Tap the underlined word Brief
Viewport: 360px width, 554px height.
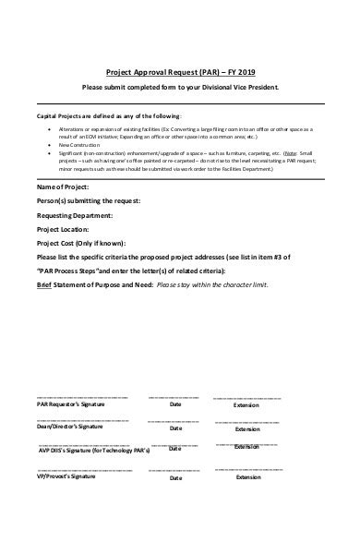click(x=45, y=286)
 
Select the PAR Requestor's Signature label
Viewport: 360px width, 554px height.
click(x=70, y=404)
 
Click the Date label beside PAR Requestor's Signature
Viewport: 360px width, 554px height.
click(x=176, y=404)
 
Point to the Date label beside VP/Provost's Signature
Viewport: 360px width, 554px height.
click(x=176, y=476)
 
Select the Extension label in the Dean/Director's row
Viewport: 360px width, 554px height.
click(x=247, y=429)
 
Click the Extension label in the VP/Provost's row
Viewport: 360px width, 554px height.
click(x=247, y=477)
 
